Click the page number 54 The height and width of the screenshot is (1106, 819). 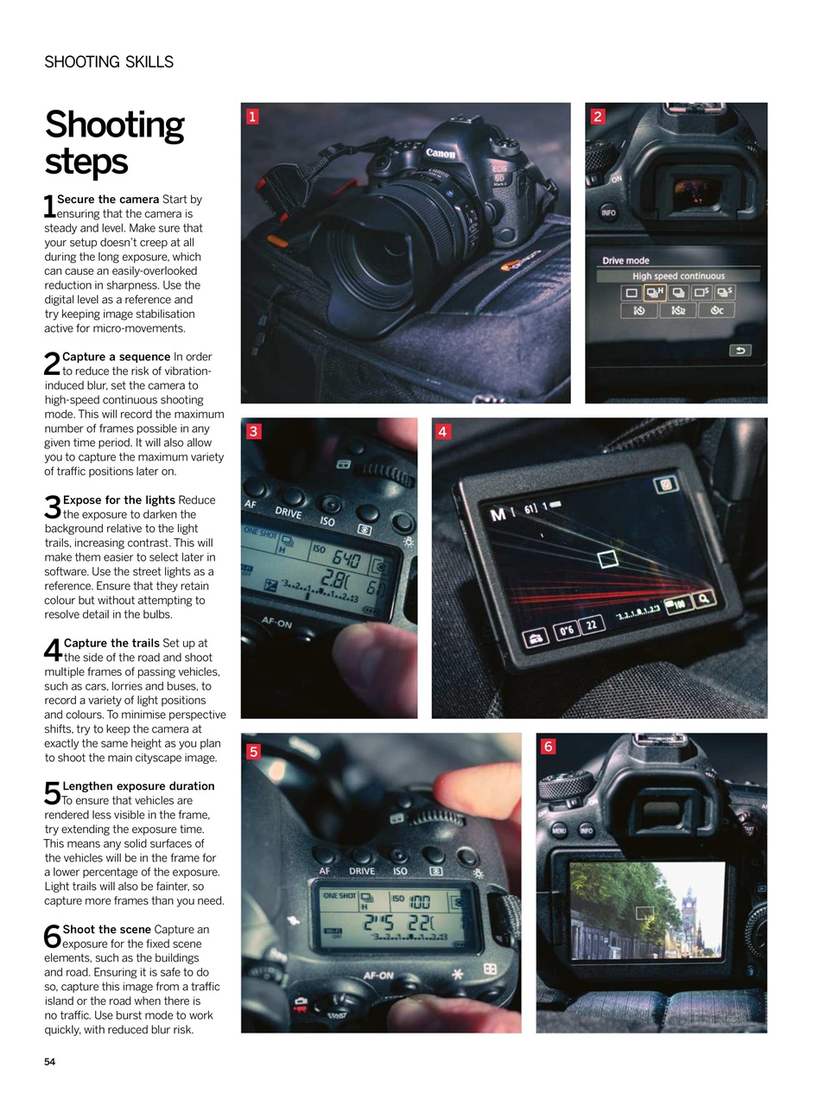49,1062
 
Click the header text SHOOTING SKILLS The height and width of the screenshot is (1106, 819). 109,62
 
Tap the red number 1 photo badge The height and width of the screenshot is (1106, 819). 252,116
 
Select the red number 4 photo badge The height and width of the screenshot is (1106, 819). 443,431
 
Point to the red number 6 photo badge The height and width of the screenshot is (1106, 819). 548,747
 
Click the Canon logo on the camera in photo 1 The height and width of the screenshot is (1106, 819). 440,154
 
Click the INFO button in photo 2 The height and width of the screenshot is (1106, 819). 608,213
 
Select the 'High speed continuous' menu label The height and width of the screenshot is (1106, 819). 678,276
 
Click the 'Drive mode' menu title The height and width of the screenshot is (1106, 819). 625,260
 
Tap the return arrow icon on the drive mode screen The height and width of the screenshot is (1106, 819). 740,350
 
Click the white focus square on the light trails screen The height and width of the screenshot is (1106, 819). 608,559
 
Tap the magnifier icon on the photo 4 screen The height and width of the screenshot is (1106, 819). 705,599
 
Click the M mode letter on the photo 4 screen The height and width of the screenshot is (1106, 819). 498,515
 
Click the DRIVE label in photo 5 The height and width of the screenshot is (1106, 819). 362,871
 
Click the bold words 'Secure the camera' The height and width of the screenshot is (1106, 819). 108,200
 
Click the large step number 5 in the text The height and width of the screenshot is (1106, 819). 52,793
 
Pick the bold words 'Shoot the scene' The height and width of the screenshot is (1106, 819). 106,930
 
